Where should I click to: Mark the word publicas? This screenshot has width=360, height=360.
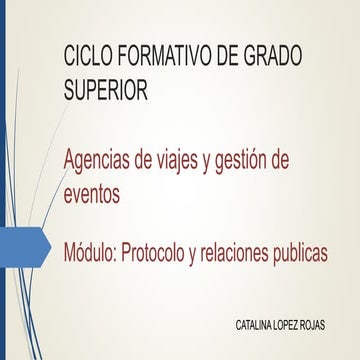tap(306, 254)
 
